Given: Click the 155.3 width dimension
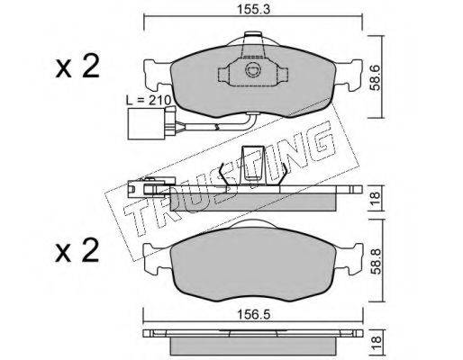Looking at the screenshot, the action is click(x=254, y=9).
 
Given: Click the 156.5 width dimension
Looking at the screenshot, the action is click(x=254, y=315).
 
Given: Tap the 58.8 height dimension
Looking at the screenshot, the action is click(x=376, y=261).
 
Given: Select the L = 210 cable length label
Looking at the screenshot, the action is click(x=149, y=100).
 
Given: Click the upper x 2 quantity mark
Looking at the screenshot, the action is click(x=77, y=67).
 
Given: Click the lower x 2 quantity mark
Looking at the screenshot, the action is click(x=77, y=251).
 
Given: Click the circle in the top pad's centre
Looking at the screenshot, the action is click(x=251, y=70).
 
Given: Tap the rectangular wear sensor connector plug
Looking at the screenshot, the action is click(x=146, y=123).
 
